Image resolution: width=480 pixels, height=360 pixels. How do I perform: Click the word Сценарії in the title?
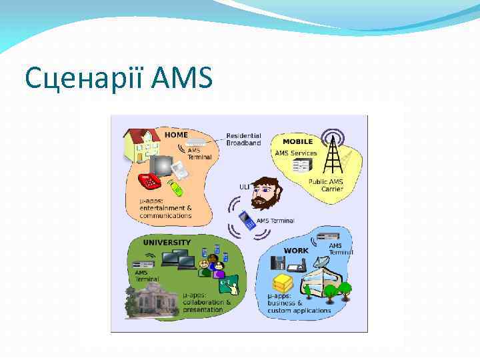[x=86, y=79]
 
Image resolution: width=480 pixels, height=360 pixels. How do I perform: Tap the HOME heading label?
[x=176, y=135]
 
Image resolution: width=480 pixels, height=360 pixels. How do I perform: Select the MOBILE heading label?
[x=297, y=141]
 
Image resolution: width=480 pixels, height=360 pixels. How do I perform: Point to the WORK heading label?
[x=296, y=251]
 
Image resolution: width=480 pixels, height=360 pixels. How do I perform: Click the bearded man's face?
[x=267, y=193]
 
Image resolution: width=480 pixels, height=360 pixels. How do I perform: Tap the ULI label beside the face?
[x=245, y=187]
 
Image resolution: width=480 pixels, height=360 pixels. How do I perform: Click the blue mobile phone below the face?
[x=247, y=220]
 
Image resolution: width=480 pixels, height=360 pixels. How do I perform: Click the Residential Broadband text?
[x=243, y=139]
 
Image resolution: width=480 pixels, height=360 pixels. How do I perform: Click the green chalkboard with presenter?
[x=230, y=287]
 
